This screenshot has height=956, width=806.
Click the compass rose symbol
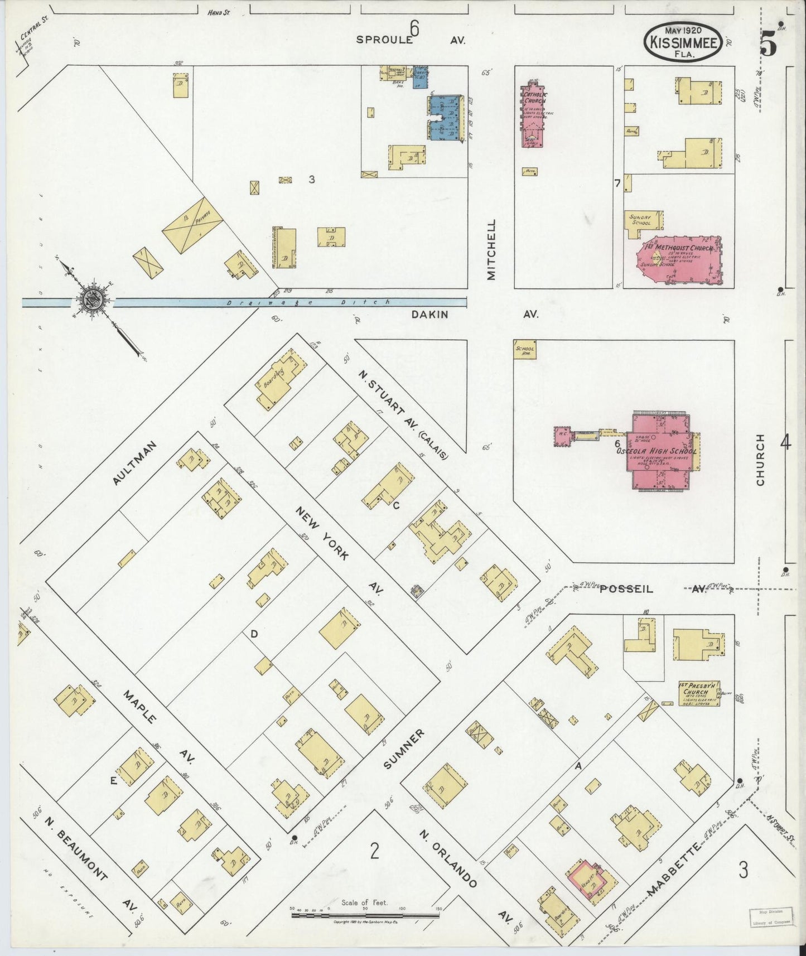pos(91,301)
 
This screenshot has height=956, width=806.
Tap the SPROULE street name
pos(385,40)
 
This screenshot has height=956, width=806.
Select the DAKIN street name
pos(429,315)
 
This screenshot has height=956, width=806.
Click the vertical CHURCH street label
pos(761,460)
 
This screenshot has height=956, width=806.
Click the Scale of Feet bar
pos(365,915)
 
